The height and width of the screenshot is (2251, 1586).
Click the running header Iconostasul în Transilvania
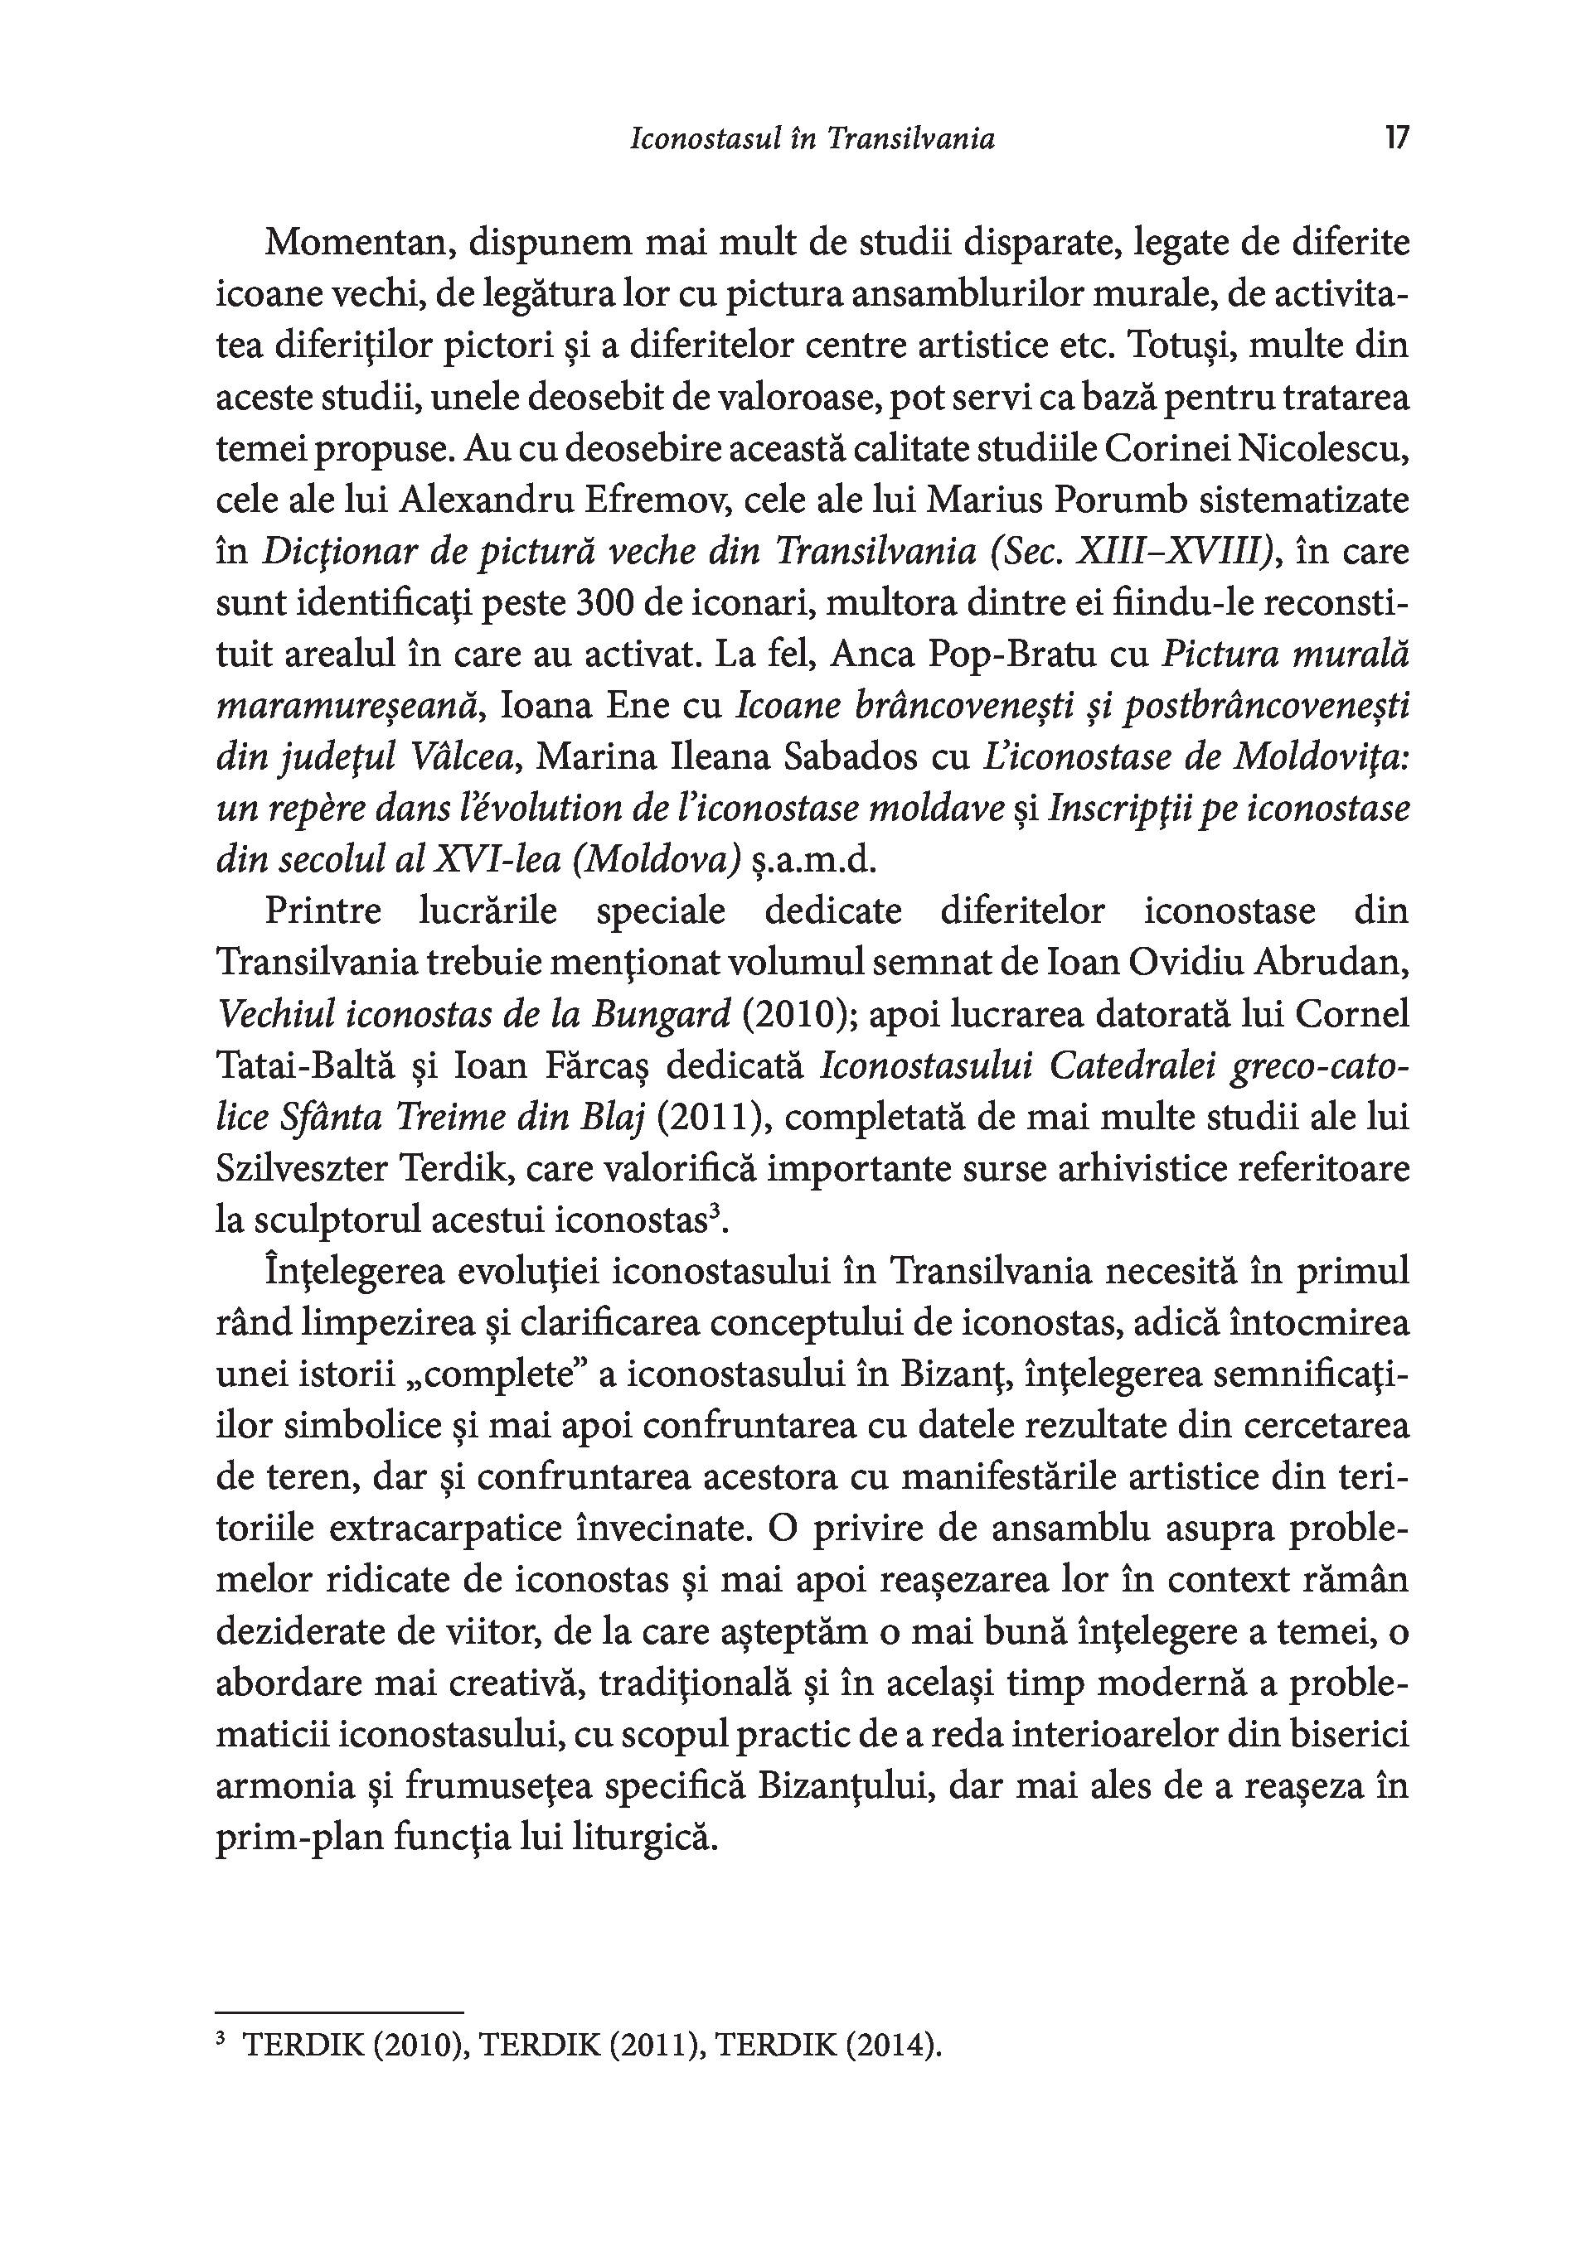[812, 139]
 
